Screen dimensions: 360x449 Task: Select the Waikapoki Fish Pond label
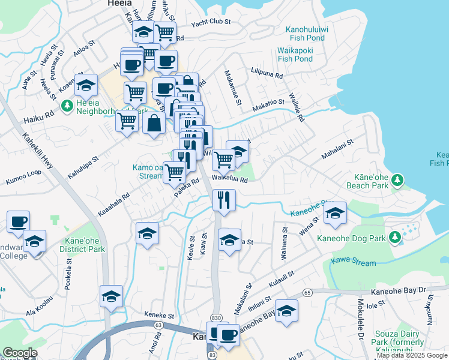point(295,55)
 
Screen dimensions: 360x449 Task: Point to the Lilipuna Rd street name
point(267,74)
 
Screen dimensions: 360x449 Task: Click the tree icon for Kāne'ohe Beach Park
point(396,179)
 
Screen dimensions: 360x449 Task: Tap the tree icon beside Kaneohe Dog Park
point(394,238)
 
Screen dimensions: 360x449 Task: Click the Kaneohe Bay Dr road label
point(397,290)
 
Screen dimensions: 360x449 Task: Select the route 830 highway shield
point(217,317)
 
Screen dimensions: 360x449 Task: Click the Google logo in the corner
point(20,353)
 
